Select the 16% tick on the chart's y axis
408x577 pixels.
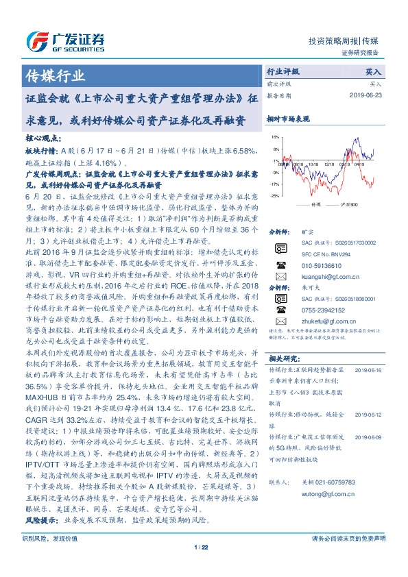[x=275, y=137]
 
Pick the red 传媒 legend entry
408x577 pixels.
[x=311, y=204]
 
